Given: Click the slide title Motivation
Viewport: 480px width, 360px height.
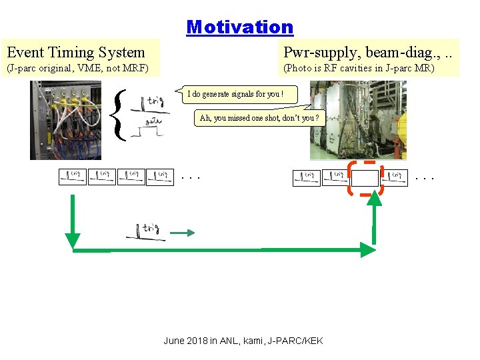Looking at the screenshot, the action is coord(240,27).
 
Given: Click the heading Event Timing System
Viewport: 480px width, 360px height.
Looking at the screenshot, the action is coord(75,51).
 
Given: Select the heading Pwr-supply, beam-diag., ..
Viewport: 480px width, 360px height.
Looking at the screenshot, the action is coord(370,51).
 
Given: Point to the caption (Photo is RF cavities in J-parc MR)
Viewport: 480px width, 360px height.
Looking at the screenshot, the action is coord(359,68).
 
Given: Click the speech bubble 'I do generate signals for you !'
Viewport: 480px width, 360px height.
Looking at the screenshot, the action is coord(235,94).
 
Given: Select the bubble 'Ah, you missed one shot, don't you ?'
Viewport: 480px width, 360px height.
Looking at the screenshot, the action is coord(259,118).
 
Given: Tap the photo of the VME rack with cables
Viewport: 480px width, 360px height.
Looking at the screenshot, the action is coord(65,120).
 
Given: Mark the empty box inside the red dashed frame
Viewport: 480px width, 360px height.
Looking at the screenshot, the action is coord(365,178).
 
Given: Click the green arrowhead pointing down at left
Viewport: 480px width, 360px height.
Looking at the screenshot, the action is coord(73,240).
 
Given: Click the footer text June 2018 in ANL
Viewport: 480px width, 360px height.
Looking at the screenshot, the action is coord(243,341).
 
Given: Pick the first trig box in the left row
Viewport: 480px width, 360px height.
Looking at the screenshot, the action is coord(72,177).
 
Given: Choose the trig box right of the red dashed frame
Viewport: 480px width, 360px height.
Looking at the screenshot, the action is coord(394,177).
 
